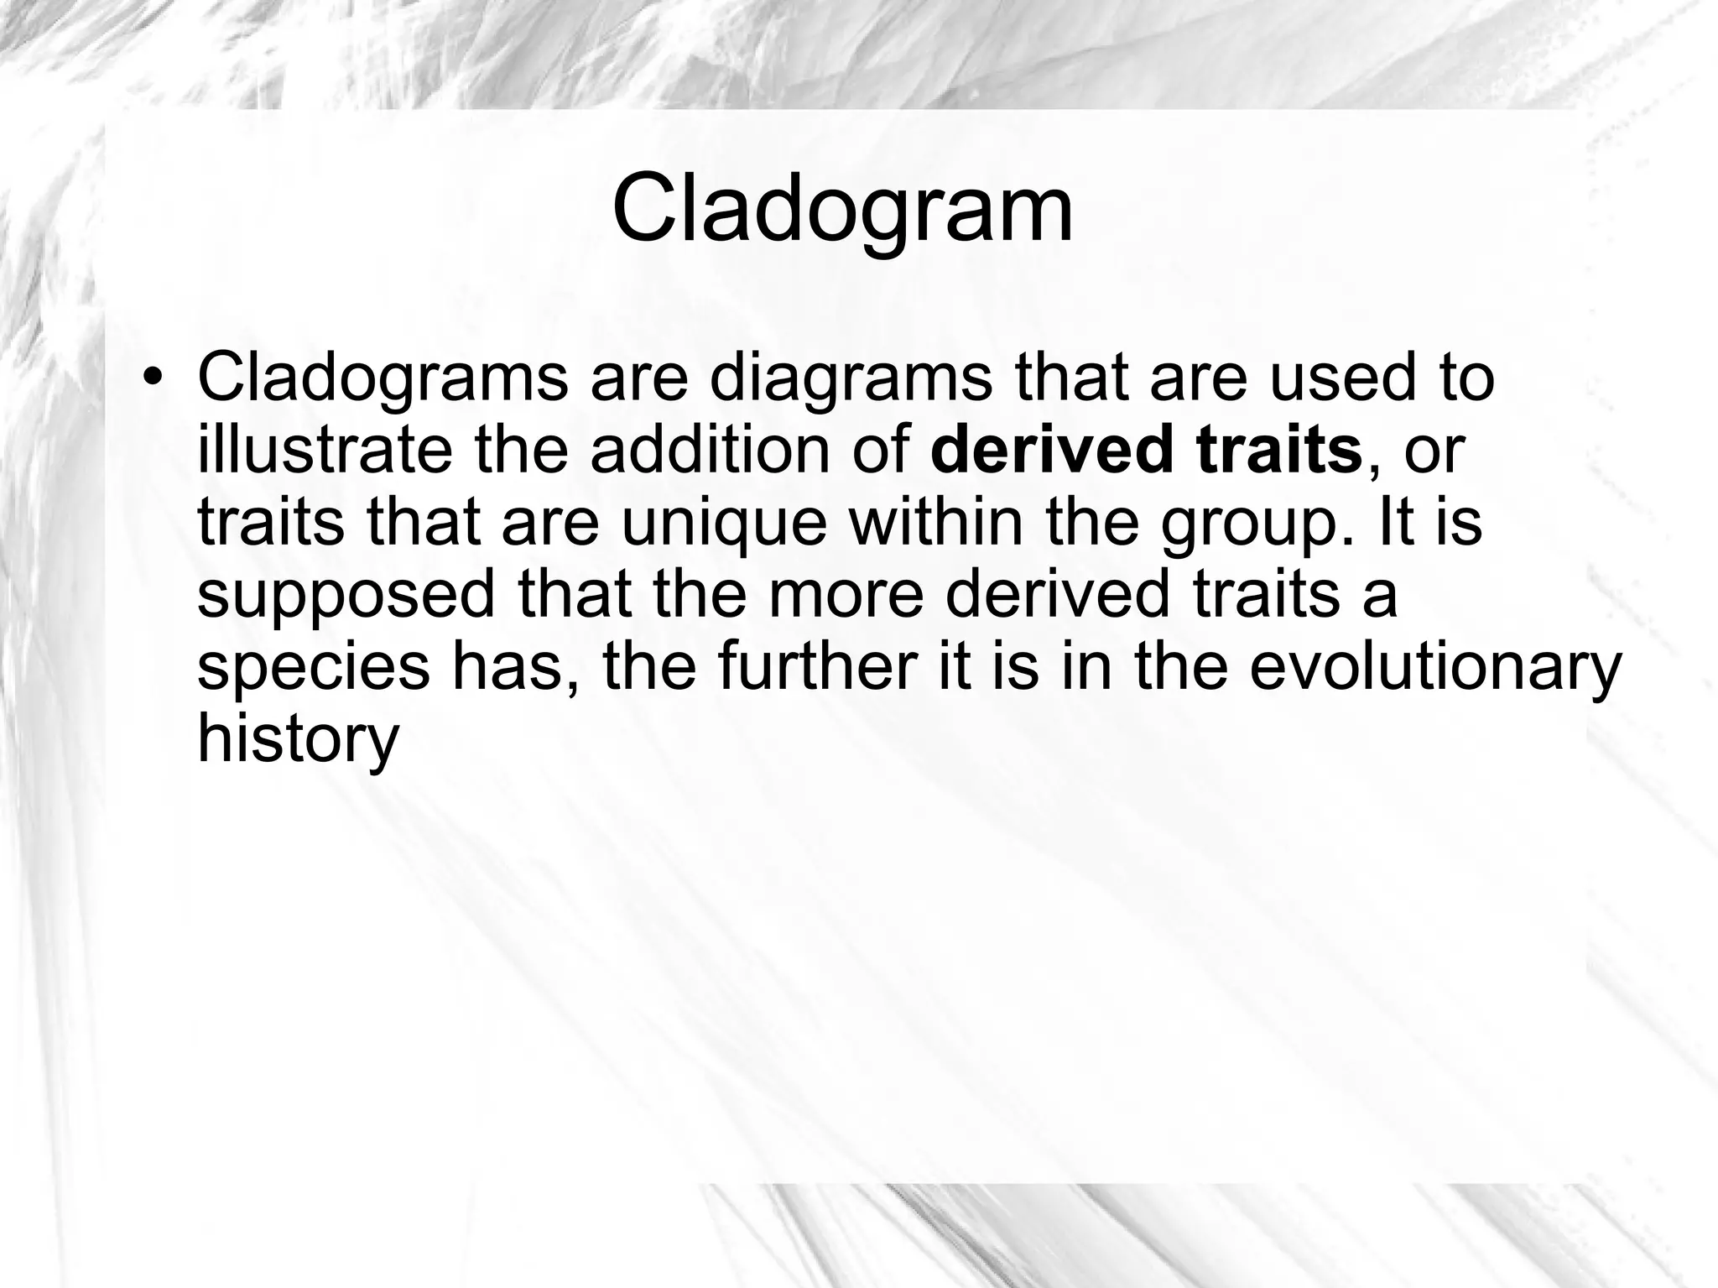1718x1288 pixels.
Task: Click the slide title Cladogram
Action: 842,208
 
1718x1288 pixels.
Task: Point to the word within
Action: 935,522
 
